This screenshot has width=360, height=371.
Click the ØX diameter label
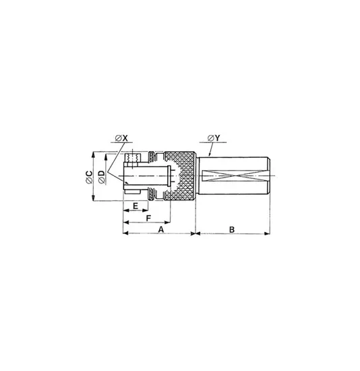121,138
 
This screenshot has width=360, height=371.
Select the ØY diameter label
214,138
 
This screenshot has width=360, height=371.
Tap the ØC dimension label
89,177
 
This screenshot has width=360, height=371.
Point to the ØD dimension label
102,177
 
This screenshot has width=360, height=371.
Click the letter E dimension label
136,206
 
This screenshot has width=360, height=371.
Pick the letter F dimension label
148,218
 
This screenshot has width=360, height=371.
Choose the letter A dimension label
161,229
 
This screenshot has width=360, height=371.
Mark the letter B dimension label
232,229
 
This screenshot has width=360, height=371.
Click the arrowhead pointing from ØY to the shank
210,154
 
